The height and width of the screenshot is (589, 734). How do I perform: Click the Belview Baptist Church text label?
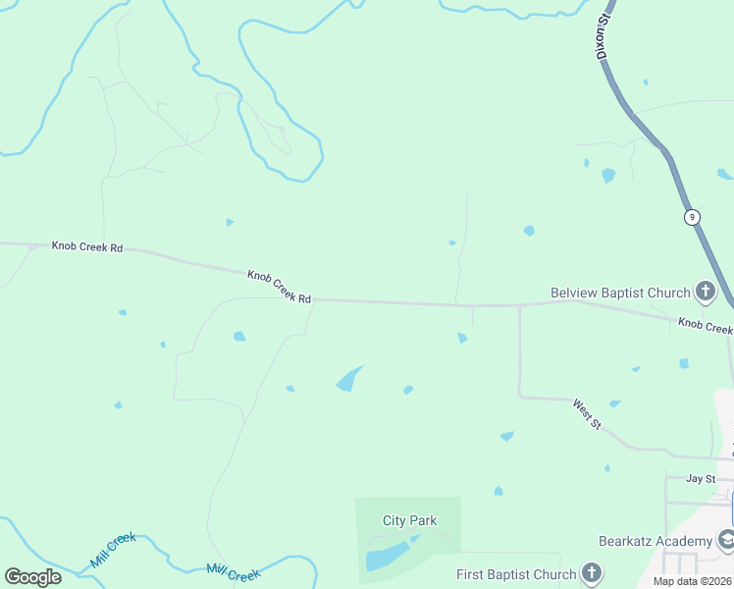pos(620,293)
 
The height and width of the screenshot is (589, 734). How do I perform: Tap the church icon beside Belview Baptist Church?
pos(705,292)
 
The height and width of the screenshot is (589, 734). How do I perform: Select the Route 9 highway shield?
pos(692,217)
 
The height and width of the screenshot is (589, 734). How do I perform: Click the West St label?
pos(588,412)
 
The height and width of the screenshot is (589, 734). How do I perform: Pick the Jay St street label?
pos(701,478)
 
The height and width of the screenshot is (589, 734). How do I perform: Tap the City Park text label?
pos(409,520)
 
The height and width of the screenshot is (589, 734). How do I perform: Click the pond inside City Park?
pos(387,556)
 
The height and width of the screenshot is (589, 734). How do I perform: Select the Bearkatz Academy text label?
pos(655,541)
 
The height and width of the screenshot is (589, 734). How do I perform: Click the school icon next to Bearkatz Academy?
pos(726,539)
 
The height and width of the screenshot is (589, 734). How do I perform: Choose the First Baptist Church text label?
pos(516,574)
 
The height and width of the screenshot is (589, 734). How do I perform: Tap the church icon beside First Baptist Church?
pos(592,573)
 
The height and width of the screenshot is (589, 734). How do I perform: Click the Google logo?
pos(32,576)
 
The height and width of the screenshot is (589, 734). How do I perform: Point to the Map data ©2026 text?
pos(692,581)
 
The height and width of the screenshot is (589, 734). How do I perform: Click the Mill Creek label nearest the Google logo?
pos(112,550)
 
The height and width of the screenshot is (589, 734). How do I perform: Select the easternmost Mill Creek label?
pos(234,572)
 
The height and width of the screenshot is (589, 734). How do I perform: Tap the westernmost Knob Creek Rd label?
pos(87,247)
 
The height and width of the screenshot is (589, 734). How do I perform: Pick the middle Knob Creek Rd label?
pos(279,286)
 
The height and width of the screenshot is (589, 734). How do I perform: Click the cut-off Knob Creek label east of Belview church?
pos(705,326)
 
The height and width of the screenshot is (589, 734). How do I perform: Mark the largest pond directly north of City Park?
pos(348,379)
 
